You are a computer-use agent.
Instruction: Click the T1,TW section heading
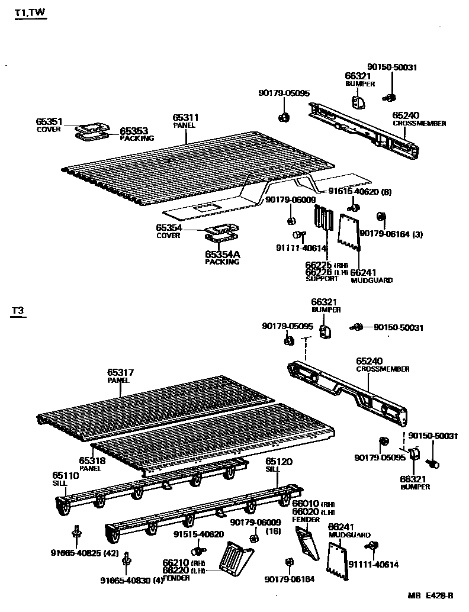[30, 14]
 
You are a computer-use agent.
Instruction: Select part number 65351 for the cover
[49, 121]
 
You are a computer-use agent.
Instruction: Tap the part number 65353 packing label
[134, 131]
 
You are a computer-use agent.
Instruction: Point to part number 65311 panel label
[185, 118]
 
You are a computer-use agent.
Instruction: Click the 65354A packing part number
[223, 254]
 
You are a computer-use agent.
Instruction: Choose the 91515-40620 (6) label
[359, 192]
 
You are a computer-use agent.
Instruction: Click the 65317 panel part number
[120, 372]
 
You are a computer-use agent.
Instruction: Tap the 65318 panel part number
[91, 460]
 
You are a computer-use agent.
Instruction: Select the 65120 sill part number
[278, 460]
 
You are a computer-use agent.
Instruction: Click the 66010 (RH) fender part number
[306, 504]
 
